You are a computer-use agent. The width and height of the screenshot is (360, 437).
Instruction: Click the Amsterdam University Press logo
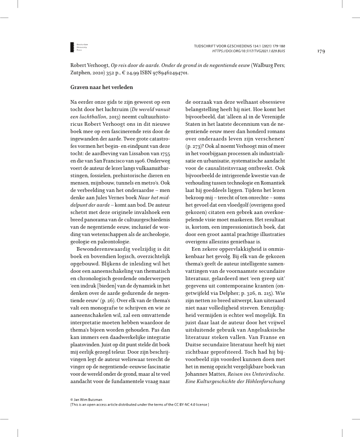coord(79,47)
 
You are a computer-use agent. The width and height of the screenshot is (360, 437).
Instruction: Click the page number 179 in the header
coord(320,51)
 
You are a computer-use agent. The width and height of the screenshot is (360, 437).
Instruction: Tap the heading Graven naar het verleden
coord(99,87)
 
